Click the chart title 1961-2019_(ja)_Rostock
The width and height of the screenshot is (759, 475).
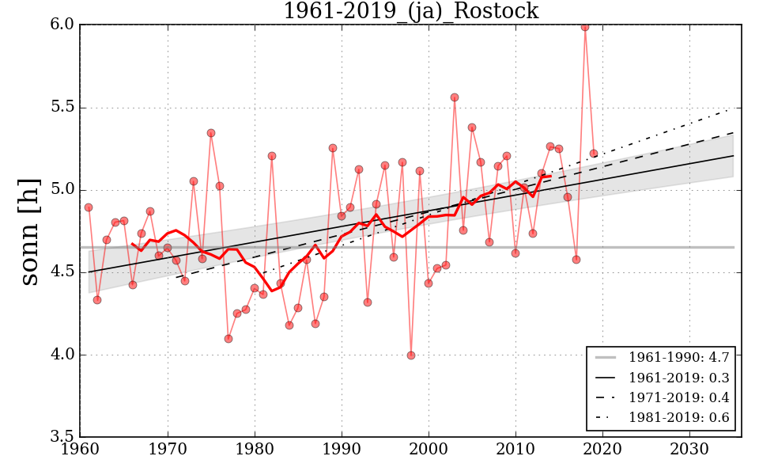(x=410, y=11)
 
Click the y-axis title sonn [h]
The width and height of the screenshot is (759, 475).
(x=29, y=231)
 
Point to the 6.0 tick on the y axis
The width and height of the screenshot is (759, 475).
(x=63, y=25)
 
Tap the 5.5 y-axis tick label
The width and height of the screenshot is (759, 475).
(x=63, y=108)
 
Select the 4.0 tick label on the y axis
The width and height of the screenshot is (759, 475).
(x=63, y=355)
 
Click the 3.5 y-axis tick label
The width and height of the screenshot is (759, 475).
(x=63, y=437)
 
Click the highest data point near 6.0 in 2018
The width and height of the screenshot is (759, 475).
(x=585, y=27)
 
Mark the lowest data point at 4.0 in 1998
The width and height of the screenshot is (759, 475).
(x=411, y=355)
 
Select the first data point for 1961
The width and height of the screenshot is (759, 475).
(x=89, y=207)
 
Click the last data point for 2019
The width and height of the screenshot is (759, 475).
(x=594, y=154)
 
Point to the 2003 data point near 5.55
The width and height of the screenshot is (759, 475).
(x=455, y=97)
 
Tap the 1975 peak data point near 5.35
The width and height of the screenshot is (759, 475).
(x=211, y=133)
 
